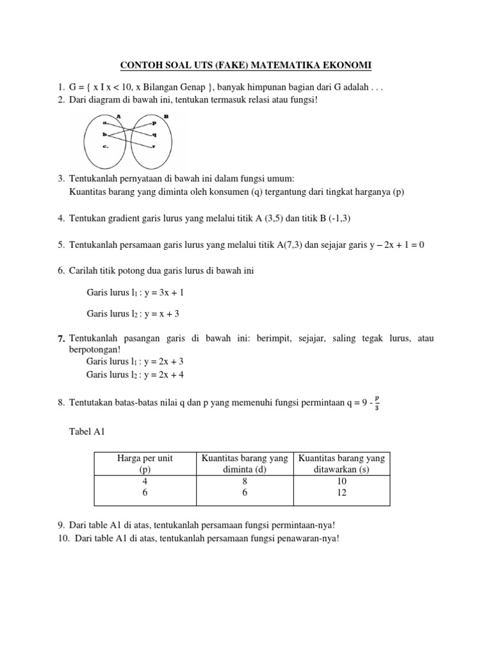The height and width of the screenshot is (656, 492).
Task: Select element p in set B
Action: [x=154, y=122]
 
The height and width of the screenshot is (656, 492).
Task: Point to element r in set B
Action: [x=154, y=147]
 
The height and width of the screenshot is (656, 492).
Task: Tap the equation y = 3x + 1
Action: [x=163, y=292]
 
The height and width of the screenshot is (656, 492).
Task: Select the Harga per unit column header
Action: [x=145, y=459]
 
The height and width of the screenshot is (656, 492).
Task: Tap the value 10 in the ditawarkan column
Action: [x=341, y=480]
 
